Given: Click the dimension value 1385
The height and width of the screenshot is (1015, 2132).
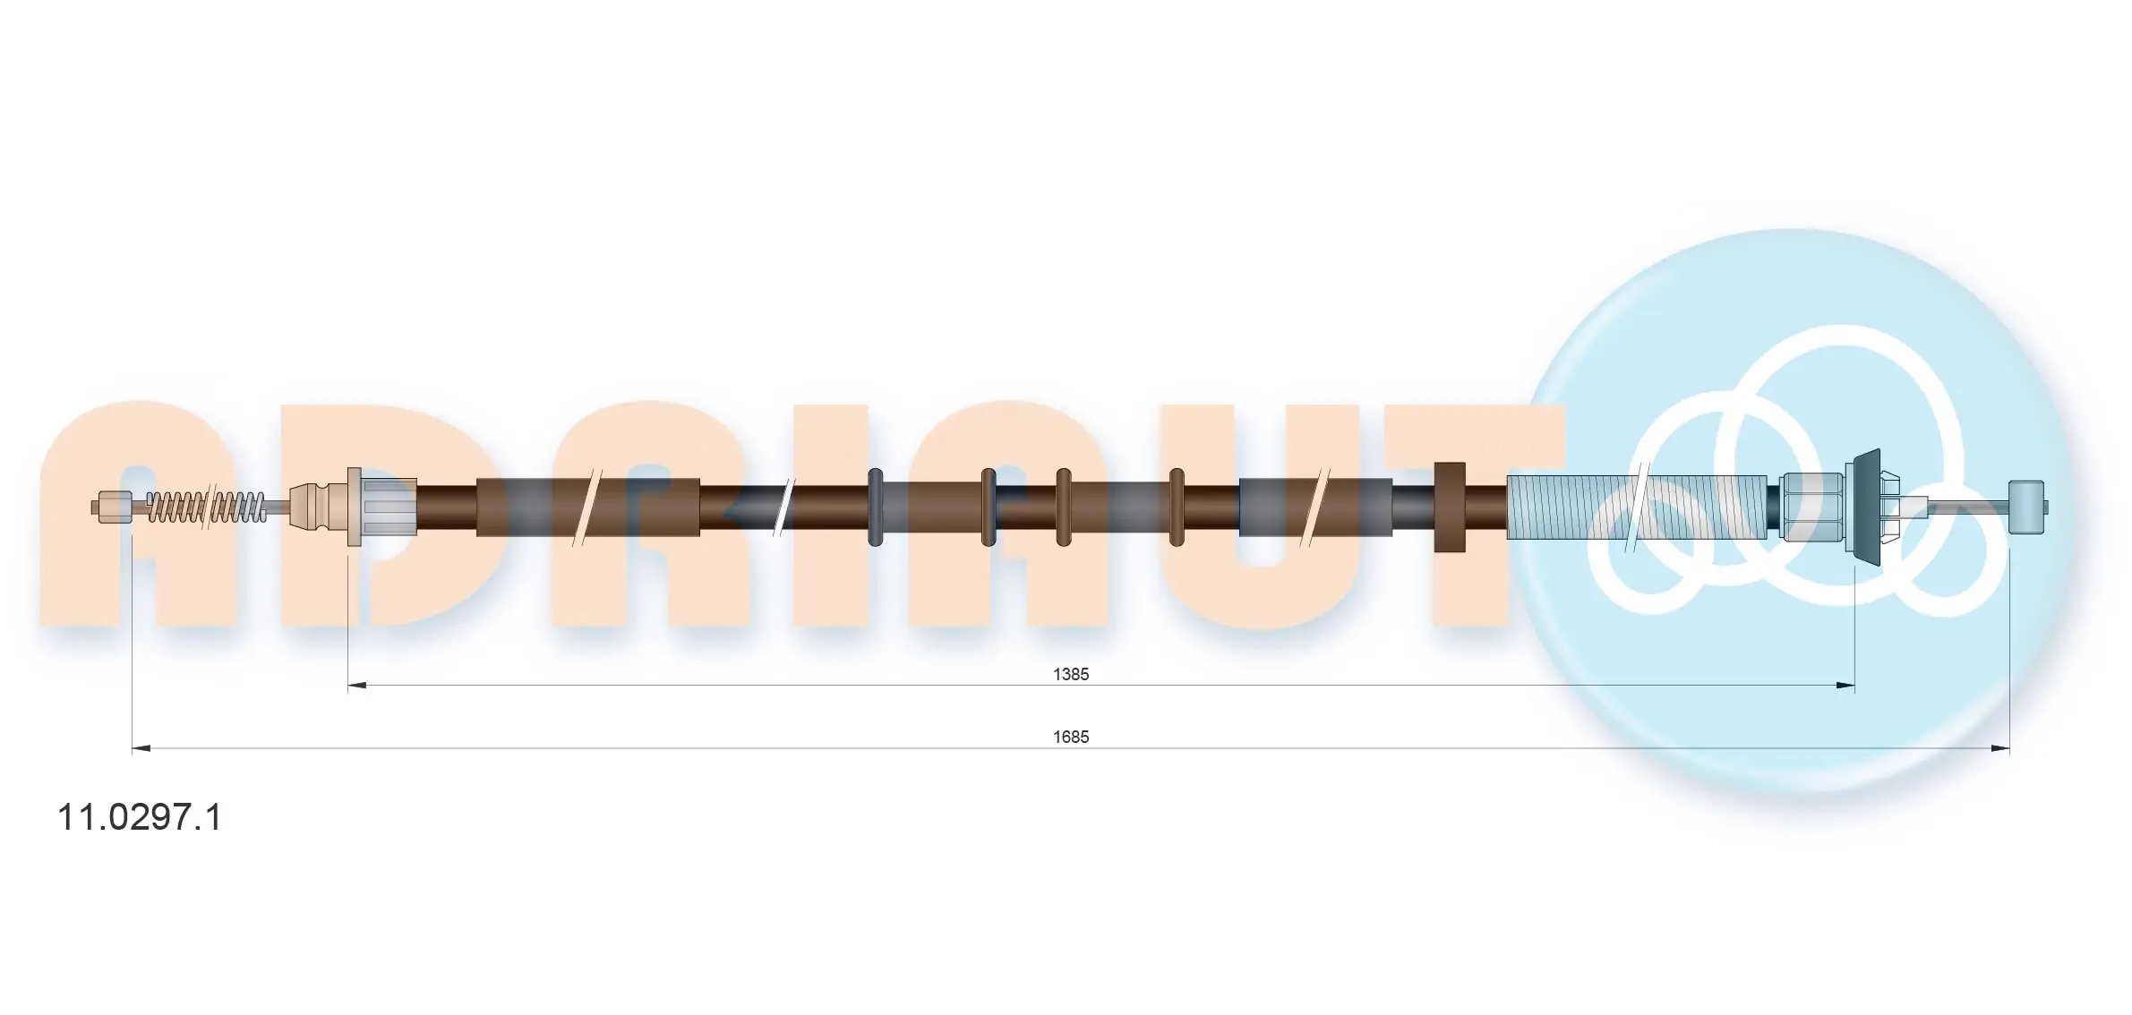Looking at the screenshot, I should tap(1070, 674).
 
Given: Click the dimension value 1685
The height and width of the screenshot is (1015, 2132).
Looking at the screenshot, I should tap(1070, 737).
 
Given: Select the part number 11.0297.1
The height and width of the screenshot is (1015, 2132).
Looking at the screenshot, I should tap(139, 817).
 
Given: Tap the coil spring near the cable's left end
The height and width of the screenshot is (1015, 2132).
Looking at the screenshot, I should tap(206, 507).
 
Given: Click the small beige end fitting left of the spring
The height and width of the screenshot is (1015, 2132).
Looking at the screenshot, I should tap(112, 507).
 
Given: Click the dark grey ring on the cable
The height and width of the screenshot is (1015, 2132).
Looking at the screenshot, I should tap(875, 507).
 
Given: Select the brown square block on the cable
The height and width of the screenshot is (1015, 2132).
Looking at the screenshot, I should tap(1449, 507).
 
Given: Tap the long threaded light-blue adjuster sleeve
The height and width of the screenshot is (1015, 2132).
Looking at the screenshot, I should tap(1639, 507).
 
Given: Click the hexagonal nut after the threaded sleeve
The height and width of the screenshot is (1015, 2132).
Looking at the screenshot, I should tap(1811, 507).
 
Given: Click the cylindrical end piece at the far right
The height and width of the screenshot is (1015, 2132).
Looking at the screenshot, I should tap(2026, 507).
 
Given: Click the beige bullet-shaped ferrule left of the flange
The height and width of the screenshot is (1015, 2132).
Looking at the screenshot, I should tap(310, 507).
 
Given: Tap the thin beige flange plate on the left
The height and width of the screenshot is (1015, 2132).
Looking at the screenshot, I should tap(354, 507).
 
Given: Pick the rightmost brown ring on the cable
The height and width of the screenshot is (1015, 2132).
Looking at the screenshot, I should tap(1177, 507).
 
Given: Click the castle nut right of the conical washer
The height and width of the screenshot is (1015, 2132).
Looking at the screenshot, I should tap(1889, 507).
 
